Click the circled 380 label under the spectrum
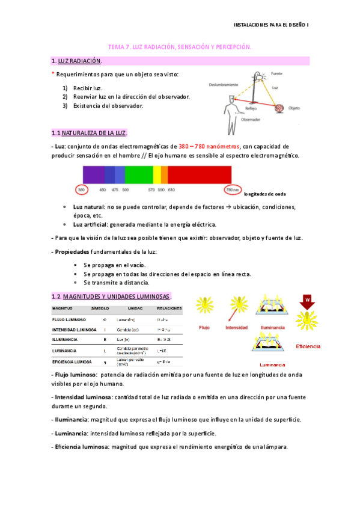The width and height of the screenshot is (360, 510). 82,189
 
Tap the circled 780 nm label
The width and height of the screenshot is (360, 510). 233,189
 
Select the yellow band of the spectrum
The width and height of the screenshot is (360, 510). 157,174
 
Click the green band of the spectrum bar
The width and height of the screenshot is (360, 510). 139,174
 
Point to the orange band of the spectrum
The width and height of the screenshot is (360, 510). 164,174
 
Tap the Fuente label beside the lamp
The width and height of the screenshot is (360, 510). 276,73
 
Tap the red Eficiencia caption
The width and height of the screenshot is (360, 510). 325,346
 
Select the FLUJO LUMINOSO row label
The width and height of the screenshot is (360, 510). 69,319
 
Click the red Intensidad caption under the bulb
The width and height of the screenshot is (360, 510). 237,328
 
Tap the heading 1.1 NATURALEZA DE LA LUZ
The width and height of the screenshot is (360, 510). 90,132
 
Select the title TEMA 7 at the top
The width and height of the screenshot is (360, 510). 179,46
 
